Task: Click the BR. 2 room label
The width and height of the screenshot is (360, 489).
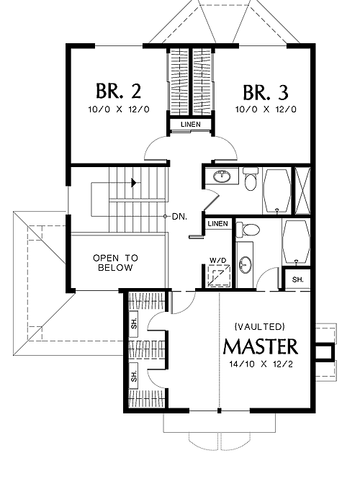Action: click(x=119, y=91)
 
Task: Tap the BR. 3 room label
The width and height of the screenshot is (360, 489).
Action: click(x=266, y=92)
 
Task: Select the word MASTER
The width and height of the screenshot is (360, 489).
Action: click(x=261, y=346)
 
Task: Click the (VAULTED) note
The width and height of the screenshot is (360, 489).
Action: click(x=260, y=326)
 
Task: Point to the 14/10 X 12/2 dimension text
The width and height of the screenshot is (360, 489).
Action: click(x=261, y=364)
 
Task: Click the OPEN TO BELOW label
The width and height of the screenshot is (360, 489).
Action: click(x=115, y=263)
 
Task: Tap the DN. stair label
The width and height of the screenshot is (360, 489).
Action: click(x=179, y=217)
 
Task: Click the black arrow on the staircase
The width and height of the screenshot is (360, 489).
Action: click(x=134, y=182)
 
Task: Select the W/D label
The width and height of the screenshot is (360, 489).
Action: click(x=218, y=260)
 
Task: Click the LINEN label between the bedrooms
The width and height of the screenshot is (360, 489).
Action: click(x=191, y=124)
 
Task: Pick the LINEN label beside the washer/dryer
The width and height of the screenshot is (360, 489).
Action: click(x=218, y=223)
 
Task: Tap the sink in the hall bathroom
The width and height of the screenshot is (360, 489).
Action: click(x=222, y=176)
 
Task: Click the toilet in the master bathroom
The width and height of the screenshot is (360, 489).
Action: click(x=248, y=230)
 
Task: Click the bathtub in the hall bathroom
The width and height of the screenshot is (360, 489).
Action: click(x=276, y=191)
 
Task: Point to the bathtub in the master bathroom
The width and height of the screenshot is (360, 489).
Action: click(x=296, y=242)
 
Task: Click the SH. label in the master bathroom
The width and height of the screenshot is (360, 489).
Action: click(x=297, y=279)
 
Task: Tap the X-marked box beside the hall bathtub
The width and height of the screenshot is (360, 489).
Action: click(x=302, y=191)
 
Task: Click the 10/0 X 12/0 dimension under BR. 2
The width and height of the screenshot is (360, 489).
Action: click(x=119, y=109)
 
